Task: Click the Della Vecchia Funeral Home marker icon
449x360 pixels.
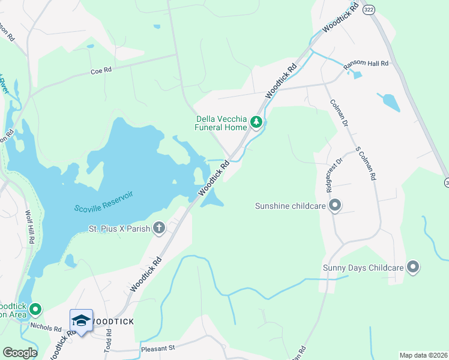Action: tap(256, 123)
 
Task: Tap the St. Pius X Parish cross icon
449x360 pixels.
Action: tap(159, 227)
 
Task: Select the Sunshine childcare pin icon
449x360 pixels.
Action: tap(336, 206)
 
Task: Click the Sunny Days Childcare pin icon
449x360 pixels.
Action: tap(412, 267)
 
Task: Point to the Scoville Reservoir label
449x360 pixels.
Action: tap(103, 202)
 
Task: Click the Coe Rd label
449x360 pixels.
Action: tap(101, 70)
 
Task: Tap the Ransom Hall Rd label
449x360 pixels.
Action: tap(366, 64)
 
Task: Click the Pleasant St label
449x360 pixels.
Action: tap(157, 348)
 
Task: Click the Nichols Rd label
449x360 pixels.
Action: tap(46, 329)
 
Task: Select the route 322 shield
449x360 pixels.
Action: tap(369, 11)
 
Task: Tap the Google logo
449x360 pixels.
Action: tap(20, 353)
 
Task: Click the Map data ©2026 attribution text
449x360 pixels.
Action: tap(423, 355)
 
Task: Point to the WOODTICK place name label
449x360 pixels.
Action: tap(113, 321)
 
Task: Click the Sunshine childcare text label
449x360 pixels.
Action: tap(291, 206)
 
